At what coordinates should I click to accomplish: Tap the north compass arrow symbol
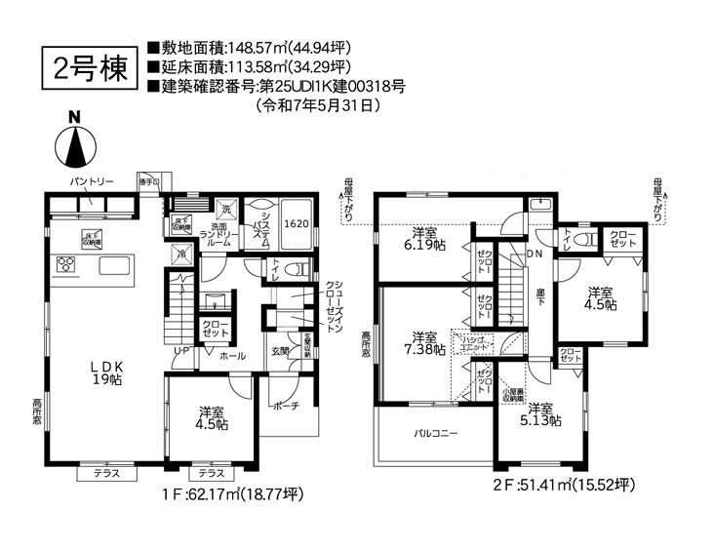click(73, 147)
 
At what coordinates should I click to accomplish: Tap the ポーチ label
click(286, 407)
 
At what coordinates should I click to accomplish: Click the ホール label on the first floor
click(233, 357)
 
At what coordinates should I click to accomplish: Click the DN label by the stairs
click(535, 255)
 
